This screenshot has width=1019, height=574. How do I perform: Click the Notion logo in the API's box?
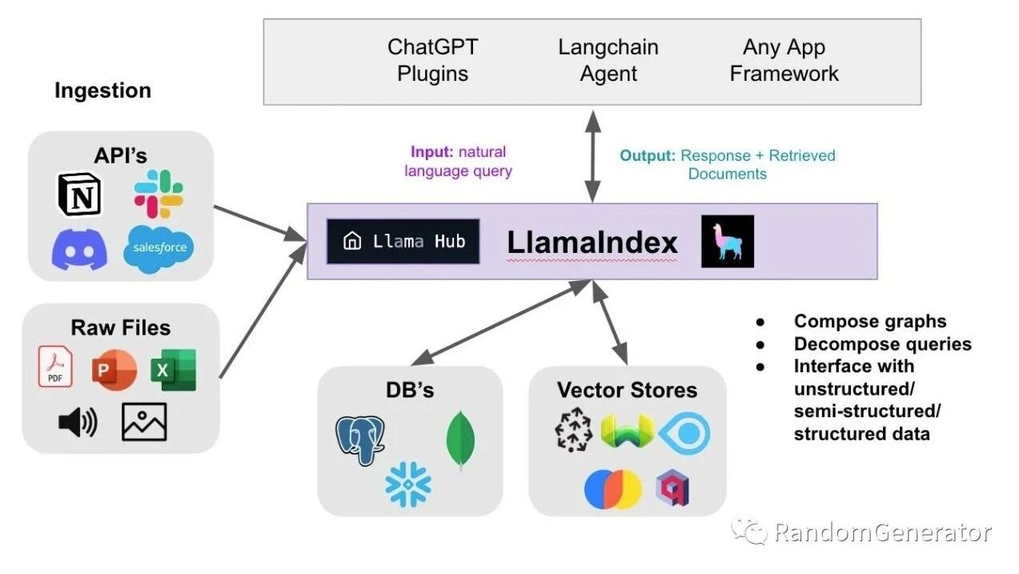point(79,194)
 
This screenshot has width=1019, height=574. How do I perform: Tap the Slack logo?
point(158,194)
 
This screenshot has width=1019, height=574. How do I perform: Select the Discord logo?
point(79,249)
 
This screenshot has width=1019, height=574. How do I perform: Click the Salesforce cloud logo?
point(158,249)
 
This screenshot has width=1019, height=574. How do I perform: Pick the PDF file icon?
point(55,366)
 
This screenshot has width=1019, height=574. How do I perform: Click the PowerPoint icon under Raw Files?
point(114,370)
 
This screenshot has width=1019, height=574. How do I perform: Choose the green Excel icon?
point(174,370)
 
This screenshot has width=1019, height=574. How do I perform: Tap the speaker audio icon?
point(78,422)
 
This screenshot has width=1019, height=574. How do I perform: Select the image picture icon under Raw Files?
point(144,422)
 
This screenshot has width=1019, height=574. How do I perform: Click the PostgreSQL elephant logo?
point(360,440)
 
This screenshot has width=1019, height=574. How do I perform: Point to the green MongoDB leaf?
point(461,440)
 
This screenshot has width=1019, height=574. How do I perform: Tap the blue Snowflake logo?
point(408,484)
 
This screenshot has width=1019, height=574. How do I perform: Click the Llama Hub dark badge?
point(403,242)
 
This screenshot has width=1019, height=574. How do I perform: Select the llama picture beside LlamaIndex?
point(728,241)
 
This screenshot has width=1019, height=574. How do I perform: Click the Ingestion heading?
point(102,90)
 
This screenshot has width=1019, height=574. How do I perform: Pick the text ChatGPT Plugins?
point(432,60)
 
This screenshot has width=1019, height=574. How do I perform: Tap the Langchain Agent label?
point(608,60)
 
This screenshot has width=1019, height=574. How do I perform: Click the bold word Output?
point(648,155)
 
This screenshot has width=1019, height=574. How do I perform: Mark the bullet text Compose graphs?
point(870,321)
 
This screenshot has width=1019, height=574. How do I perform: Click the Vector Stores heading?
point(628,390)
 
